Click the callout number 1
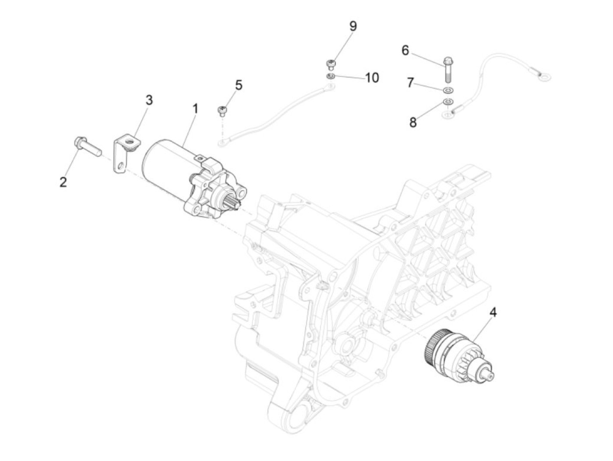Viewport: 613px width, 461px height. (x=195, y=108)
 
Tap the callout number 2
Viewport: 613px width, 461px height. (x=63, y=182)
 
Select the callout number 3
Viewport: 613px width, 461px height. (x=149, y=100)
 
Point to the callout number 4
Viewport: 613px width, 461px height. (x=493, y=312)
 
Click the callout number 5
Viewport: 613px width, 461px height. (x=239, y=85)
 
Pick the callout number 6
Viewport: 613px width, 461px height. (x=405, y=50)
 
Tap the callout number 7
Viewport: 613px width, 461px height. (x=410, y=82)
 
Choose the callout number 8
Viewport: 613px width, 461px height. (x=413, y=122)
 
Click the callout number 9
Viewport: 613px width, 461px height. (x=353, y=26)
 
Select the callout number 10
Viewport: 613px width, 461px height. (x=372, y=78)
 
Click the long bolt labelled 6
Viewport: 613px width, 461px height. (x=448, y=70)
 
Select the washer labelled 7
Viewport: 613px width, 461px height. (x=448, y=91)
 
